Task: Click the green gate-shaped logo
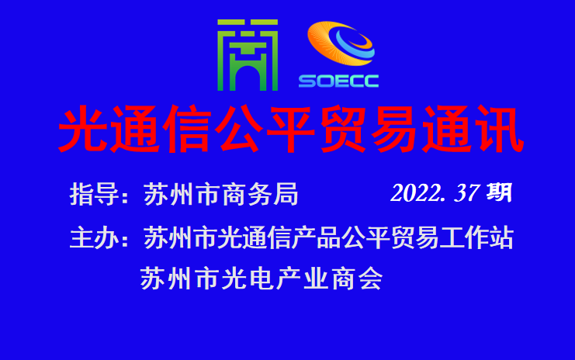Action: click(248, 55)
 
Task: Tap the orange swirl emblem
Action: click(341, 43)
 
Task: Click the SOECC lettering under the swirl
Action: click(338, 81)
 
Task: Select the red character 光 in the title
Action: click(83, 129)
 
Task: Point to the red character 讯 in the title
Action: click(500, 129)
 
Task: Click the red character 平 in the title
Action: click(291, 129)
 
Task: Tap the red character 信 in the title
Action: click(187, 129)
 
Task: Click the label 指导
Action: click(94, 194)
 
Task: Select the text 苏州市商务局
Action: click(220, 194)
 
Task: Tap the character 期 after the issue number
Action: click(499, 192)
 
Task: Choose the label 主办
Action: click(94, 238)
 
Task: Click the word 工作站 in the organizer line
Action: click(476, 238)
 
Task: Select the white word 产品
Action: click(316, 238)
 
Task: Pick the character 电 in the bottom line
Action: click(261, 279)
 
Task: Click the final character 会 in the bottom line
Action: click(371, 279)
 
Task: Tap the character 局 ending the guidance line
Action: click(286, 194)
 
